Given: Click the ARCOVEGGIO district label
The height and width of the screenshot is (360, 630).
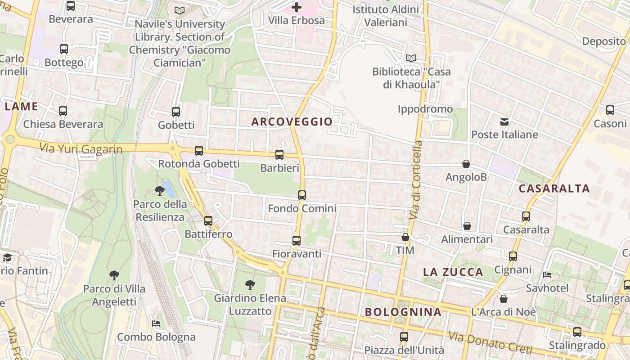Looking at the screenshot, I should (x=292, y=121).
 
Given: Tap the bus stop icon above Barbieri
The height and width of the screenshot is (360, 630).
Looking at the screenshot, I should (x=279, y=155).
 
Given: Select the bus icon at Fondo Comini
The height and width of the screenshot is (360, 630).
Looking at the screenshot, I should (x=302, y=195).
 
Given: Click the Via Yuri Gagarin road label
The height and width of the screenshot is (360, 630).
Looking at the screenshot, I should (x=81, y=148).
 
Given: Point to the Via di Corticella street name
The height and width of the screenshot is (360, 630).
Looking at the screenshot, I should (x=417, y=180).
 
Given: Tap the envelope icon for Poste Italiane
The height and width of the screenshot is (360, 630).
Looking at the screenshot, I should (x=504, y=121).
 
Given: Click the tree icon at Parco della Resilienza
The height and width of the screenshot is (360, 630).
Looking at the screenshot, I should (x=159, y=191).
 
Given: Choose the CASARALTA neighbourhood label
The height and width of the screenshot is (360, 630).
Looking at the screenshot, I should (x=554, y=189).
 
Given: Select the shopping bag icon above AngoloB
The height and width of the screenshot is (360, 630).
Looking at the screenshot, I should (x=466, y=164).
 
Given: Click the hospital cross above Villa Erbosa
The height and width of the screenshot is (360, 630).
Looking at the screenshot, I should (x=296, y=7).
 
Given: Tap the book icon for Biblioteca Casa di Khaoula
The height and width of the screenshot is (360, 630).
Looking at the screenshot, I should (x=411, y=58).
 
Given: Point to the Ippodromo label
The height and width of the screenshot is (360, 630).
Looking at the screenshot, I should (x=425, y=109).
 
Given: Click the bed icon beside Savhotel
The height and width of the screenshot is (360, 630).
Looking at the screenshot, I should (x=547, y=274).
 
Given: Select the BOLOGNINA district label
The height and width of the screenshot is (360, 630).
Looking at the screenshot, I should (x=403, y=312).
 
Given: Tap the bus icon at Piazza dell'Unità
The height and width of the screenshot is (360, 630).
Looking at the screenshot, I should (x=404, y=337).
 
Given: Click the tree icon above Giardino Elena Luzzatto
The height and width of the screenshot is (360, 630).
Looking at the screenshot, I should (x=250, y=284).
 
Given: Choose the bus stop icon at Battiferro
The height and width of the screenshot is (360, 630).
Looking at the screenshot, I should (x=208, y=221).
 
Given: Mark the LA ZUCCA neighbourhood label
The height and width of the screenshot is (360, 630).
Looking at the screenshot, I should (x=453, y=272).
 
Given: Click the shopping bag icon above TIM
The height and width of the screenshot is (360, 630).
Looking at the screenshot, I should (x=405, y=237).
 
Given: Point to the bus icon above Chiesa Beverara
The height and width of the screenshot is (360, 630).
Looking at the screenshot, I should (x=63, y=111).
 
